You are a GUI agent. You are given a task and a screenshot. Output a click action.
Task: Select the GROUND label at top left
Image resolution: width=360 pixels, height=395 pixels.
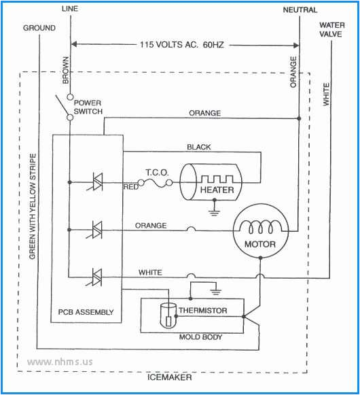pyautogui.click(x=39, y=28)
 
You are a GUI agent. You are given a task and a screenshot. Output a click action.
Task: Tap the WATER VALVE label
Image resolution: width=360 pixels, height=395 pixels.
pyautogui.click(x=331, y=31)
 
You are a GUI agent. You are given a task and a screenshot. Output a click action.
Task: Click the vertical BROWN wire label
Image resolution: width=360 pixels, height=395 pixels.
pyautogui.click(x=66, y=72)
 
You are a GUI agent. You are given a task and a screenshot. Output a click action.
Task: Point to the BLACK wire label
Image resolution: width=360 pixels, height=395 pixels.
pyautogui.click(x=198, y=147)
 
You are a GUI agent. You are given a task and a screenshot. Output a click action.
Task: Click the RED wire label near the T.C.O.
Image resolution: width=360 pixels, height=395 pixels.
pyautogui.click(x=130, y=185)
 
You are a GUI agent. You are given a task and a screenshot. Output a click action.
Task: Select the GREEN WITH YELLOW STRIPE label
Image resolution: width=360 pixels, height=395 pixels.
pyautogui.click(x=32, y=208)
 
